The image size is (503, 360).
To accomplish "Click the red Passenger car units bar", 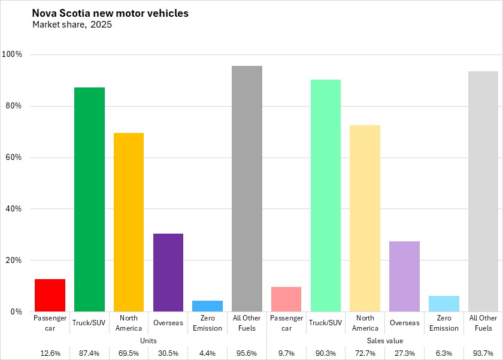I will [50, 295].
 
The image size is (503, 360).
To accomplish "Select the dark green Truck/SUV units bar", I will [89, 199].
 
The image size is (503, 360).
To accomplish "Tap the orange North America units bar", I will [129, 222].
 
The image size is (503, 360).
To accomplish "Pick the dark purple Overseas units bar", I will [168, 273].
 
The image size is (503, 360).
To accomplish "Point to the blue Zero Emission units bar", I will [207, 306].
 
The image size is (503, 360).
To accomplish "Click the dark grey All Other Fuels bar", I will [247, 189].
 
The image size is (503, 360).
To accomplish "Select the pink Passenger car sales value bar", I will [286, 299].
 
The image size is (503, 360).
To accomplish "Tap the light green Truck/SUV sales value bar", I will [326, 195].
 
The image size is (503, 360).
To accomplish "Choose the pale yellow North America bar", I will [365, 218].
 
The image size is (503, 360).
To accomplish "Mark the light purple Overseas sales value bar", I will [404, 276].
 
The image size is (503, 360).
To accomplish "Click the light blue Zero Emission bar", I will [444, 304].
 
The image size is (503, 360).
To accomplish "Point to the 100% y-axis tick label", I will [12, 55].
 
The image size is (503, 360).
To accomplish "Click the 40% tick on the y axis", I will [14, 209].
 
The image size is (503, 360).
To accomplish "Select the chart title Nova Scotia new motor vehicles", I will [110, 13].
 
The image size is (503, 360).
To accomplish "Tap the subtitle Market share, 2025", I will [72, 25].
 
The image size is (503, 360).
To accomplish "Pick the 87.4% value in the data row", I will [89, 353].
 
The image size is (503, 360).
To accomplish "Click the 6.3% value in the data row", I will [444, 353].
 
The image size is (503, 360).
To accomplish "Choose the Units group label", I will [148, 340].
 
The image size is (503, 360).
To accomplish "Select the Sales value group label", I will [384, 340].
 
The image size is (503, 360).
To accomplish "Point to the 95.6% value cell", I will [247, 353].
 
